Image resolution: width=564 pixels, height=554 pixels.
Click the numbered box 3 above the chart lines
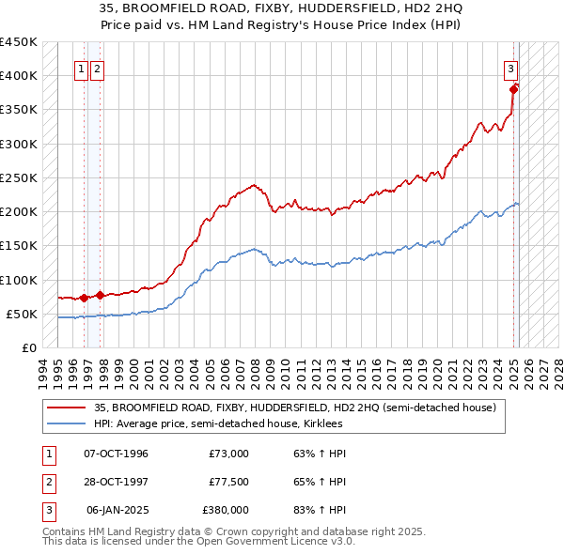[510, 68]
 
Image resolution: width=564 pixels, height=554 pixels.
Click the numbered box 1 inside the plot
[81, 68]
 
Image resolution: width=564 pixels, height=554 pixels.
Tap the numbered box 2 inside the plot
[98, 68]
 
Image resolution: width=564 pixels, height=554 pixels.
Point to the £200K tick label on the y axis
[19, 212]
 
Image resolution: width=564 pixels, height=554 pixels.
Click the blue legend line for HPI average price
[67, 423]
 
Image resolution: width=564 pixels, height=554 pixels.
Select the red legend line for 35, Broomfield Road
[67, 408]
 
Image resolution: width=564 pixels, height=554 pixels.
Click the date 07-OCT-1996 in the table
[116, 454]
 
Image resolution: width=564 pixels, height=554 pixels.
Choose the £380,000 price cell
[225, 510]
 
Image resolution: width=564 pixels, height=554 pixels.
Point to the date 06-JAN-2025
[116, 510]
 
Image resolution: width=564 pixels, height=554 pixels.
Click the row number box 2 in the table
[49, 482]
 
